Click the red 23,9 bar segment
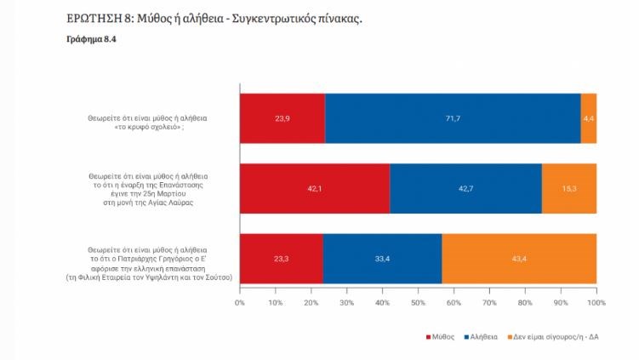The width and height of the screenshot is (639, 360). [x=282, y=118]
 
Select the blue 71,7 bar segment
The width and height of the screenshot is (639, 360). [x=453, y=118]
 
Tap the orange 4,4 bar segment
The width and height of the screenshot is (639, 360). [x=588, y=118]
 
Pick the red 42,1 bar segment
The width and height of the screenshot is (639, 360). [x=315, y=189]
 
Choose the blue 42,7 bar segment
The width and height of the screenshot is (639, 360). [x=465, y=189]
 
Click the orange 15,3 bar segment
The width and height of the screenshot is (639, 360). [x=569, y=189]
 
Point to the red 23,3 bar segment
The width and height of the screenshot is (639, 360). [x=282, y=259]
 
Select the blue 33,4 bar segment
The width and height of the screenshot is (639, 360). [x=382, y=259]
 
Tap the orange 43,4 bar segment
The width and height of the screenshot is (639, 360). [x=519, y=259]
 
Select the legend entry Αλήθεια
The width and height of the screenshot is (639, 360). [x=481, y=337]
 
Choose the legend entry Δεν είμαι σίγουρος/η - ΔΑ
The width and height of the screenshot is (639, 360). [x=552, y=337]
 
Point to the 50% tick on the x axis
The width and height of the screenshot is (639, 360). [x=418, y=303]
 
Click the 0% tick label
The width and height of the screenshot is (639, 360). [x=240, y=303]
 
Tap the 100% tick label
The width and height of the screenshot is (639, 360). [x=596, y=303]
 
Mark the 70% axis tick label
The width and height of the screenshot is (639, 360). [x=489, y=303]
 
